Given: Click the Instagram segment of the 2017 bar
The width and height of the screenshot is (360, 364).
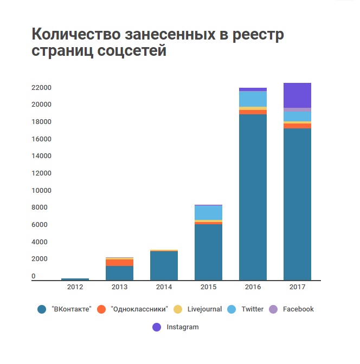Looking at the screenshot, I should coord(297,95).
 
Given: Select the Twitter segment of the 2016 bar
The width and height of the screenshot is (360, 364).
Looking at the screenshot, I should coord(253,99).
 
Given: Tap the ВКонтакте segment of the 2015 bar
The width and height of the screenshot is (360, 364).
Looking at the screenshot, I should coord(208,252).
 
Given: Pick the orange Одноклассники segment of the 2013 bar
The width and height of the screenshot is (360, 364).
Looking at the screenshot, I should coord(119,263).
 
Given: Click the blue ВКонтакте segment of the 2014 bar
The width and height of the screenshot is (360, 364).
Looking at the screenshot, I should coord(164,265).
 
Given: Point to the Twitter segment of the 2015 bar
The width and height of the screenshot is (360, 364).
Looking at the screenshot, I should coord(208,212).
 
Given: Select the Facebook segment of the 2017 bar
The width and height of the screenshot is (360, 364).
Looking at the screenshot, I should coord(297,110).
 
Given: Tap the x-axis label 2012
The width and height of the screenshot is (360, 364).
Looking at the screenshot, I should coord(75,287).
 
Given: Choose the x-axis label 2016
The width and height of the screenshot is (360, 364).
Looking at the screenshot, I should coord(253,287).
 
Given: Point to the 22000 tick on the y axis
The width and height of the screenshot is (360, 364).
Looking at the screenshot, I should coord(41,88).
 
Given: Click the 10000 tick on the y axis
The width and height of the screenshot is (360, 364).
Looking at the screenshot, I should coord(41,191).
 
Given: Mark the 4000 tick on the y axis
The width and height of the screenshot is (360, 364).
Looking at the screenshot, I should coord(41,242).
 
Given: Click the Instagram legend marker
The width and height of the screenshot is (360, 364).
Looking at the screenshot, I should coord(157,327).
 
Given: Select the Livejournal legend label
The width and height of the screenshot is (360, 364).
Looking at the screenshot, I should coord(204,309).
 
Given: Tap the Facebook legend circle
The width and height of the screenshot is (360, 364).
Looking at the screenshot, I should coord(273,309).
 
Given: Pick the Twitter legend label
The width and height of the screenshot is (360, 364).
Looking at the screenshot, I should coord(252,309).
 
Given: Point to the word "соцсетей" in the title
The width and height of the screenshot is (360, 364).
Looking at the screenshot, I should coord(131,53).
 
